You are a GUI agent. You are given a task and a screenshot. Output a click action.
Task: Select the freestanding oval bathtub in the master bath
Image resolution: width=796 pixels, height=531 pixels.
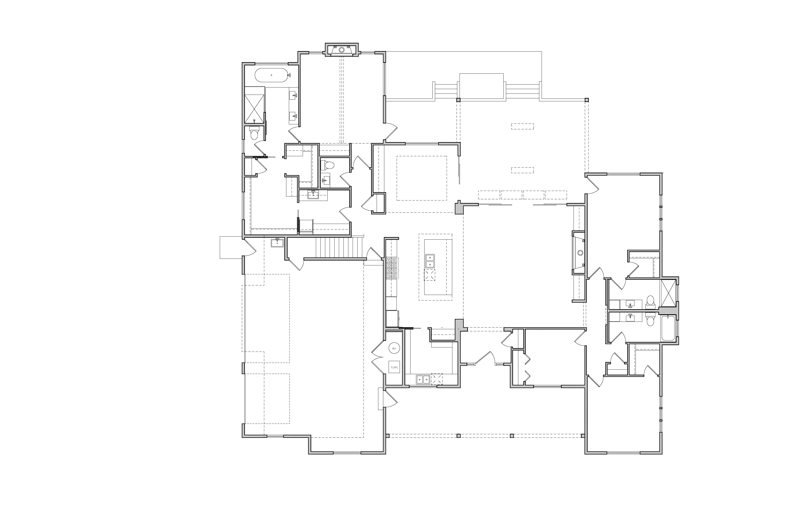click(271, 75)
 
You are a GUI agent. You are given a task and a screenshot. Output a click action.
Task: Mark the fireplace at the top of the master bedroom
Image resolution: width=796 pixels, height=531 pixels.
click(342, 49)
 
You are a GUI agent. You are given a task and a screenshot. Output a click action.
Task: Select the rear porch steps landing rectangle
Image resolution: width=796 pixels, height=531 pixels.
click(481, 86)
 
